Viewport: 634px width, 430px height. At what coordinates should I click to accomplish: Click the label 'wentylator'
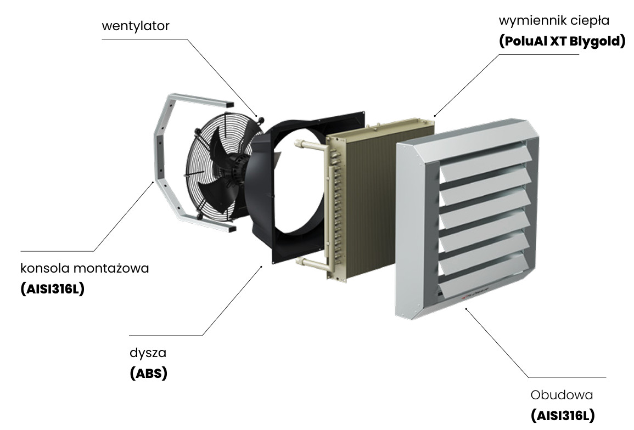(136, 26)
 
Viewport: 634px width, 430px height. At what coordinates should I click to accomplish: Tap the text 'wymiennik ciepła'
(562, 21)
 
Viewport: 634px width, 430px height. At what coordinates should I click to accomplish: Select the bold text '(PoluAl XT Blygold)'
(562, 42)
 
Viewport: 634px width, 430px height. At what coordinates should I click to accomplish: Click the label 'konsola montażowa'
(85, 269)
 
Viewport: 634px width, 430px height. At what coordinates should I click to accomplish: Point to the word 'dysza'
(148, 352)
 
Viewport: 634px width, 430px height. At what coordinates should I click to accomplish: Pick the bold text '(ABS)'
(148, 374)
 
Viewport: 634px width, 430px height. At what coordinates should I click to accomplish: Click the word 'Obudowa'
(562, 395)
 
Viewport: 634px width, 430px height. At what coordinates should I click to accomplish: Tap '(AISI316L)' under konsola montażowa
(52, 290)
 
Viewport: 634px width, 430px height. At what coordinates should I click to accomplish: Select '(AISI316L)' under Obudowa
(563, 416)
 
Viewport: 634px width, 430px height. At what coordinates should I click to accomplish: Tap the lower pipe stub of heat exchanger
(311, 263)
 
